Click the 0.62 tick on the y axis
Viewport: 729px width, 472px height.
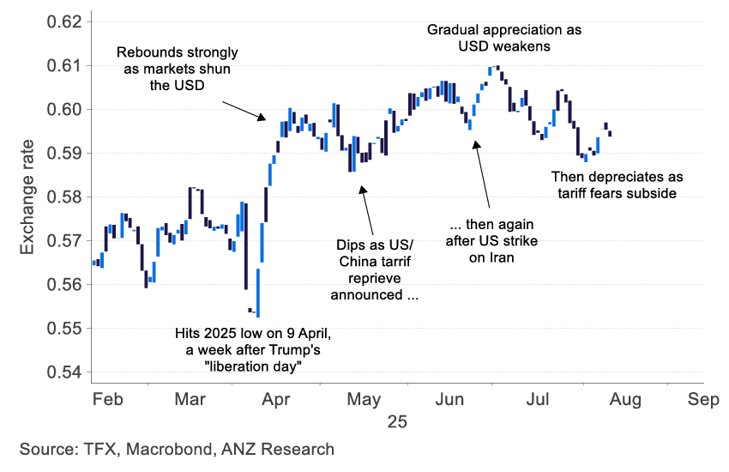point(65,21)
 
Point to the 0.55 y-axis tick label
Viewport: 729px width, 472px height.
point(65,329)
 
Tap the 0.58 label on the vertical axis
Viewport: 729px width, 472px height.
point(65,197)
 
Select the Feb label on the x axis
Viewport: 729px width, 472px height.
point(108,399)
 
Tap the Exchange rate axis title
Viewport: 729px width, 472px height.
point(27,197)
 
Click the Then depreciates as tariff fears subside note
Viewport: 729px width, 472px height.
point(618,185)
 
